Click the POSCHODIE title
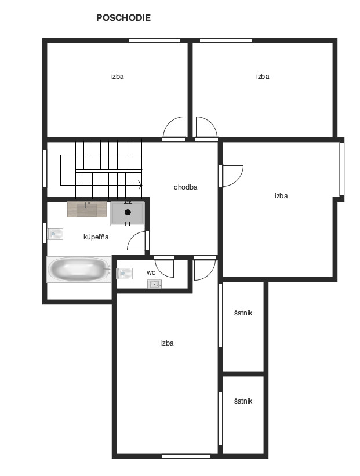[123, 17]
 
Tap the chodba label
[186, 187]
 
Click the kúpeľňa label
[96, 237]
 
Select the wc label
[151, 272]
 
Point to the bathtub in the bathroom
[79, 270]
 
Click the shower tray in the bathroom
[128, 213]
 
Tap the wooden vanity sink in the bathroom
[87, 209]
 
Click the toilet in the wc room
[125, 274]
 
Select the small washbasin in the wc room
[154, 285]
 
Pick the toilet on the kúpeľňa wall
[55, 234]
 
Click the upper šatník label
[243, 313]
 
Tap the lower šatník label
[243, 401]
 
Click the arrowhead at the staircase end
[140, 184]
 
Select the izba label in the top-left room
[118, 76]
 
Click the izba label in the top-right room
[263, 76]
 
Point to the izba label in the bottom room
[168, 343]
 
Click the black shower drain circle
[128, 212]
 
